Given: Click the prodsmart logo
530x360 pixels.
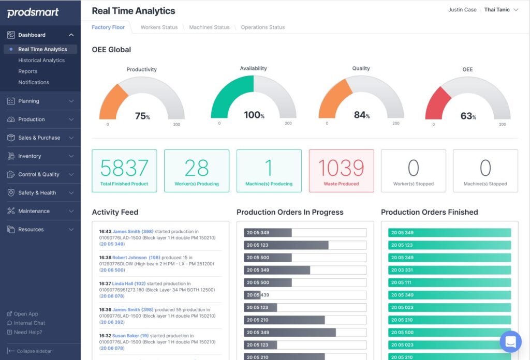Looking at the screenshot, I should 33,13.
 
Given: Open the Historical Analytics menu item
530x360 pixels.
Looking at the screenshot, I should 41,61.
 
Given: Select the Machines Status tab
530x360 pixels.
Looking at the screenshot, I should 209,27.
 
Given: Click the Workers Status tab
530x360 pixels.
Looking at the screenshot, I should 159,27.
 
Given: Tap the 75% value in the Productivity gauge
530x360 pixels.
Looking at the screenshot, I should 142,116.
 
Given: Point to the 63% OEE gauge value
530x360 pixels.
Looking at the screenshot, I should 467,116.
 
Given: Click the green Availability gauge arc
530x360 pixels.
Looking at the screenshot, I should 228,93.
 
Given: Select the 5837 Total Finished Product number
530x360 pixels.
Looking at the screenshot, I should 124,168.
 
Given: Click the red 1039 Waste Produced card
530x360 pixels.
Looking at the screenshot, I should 341,171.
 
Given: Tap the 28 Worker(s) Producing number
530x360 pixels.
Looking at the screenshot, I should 197,168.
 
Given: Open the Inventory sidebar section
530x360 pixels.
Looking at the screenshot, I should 30,156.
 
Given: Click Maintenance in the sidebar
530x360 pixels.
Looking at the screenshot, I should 34,211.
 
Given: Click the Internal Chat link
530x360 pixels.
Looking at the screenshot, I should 30,323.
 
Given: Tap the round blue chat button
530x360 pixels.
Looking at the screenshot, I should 510,341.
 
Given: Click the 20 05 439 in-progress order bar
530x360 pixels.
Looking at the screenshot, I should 305,295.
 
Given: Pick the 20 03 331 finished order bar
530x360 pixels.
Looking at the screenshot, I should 449,270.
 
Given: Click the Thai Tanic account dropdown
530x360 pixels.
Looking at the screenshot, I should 500,10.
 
